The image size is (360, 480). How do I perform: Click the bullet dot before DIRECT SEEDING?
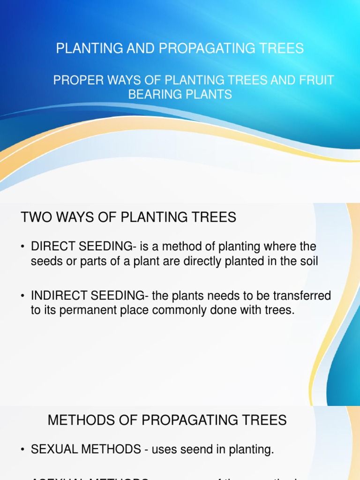[x=23, y=247]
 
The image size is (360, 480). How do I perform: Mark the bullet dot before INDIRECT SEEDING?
[x=23, y=296]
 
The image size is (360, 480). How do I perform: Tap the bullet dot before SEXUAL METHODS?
[x=23, y=450]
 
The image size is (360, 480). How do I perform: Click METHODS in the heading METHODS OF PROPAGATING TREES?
[x=78, y=420]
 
